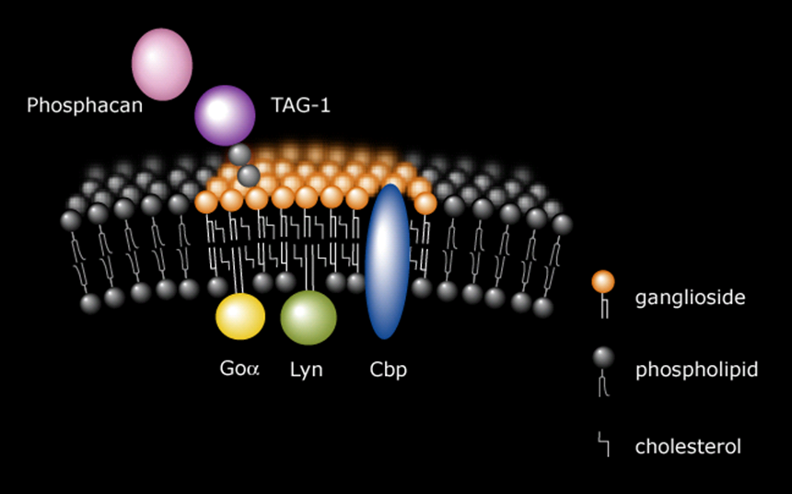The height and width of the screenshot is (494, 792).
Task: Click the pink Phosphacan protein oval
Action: point(162,62)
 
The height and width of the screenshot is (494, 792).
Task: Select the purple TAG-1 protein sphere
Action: point(224,115)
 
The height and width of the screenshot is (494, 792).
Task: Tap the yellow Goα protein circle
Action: point(240,316)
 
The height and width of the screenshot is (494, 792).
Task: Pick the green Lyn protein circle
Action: point(309,317)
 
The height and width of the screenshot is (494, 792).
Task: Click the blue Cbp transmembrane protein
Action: point(387,261)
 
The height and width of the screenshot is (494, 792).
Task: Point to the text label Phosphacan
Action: point(85,105)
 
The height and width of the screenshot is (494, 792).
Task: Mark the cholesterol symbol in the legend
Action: point(604,447)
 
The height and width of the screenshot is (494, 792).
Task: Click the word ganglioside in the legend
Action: point(690,298)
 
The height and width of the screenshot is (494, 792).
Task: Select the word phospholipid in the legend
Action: point(696,370)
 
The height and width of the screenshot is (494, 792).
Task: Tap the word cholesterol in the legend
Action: point(688,447)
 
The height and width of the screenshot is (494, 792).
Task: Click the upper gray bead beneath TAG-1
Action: point(239,155)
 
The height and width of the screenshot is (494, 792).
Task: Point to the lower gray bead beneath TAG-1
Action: point(248,174)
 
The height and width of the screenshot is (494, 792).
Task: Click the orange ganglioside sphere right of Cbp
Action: point(425,203)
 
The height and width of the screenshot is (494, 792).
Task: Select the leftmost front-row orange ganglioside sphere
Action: point(206,201)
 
